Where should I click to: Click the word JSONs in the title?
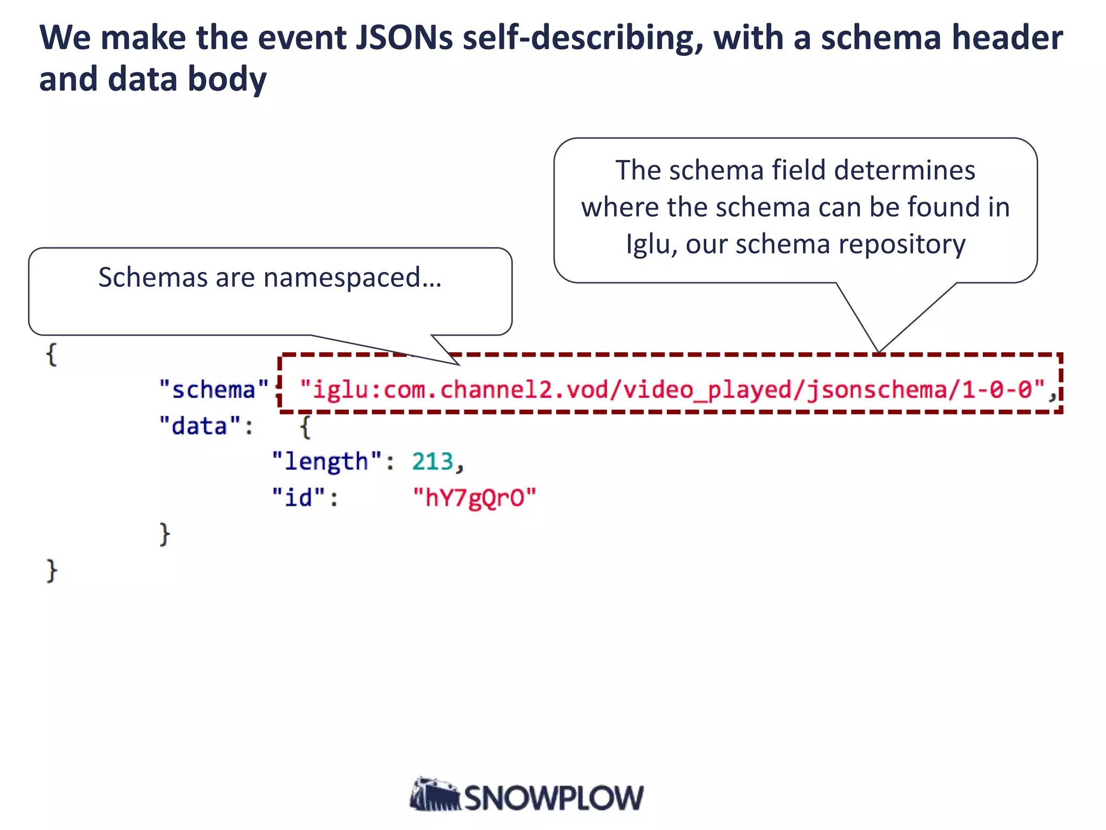coord(403,38)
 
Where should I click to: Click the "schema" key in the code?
coord(214,390)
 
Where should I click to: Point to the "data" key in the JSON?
coord(199,426)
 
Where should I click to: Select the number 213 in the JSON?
coord(432,461)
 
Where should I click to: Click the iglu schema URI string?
coord(672,390)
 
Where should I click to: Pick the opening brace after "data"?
coord(306,427)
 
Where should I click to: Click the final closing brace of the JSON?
coord(52,571)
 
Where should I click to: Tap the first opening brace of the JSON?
coord(52,355)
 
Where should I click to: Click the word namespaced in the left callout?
coord(342,278)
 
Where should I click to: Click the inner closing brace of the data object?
coord(165,534)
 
